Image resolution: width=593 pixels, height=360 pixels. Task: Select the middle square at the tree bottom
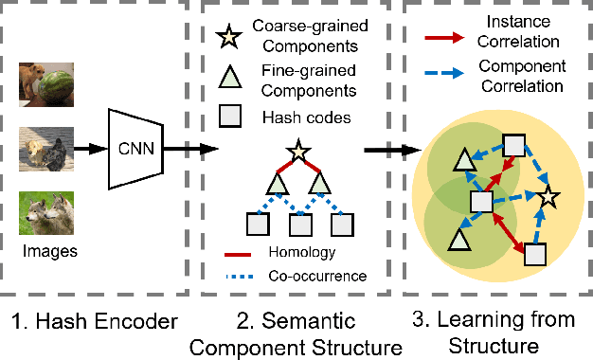[x=299, y=225]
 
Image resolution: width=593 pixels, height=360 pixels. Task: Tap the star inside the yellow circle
[x=547, y=199]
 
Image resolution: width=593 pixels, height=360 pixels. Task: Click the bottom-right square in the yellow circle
[x=535, y=255]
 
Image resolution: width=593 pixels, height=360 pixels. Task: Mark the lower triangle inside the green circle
[x=459, y=241]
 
